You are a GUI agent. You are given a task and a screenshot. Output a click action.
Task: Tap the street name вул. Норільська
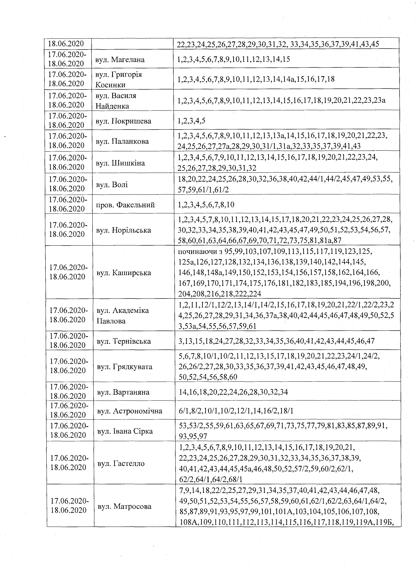pyautogui.click(x=123, y=230)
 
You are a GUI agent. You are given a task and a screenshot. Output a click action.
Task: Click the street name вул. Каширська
pyautogui.click(x=124, y=273)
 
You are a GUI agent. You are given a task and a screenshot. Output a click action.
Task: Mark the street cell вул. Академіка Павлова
pyautogui.click(x=123, y=316)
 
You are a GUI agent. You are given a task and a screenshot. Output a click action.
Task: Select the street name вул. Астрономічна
pyautogui.click(x=130, y=411)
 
